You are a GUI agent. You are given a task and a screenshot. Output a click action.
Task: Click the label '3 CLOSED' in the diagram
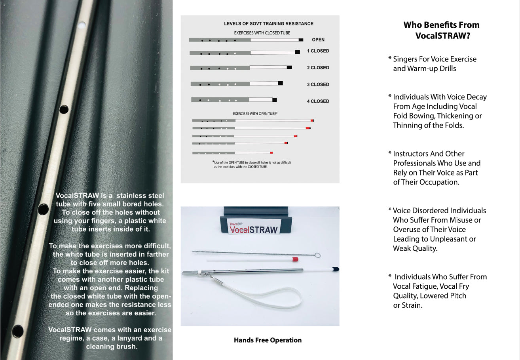[318, 84]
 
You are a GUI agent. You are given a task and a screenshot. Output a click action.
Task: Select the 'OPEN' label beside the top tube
[318, 40]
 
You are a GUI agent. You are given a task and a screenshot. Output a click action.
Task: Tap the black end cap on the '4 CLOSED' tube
[275, 100]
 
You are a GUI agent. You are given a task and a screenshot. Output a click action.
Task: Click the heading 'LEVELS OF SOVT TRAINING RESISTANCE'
[269, 24]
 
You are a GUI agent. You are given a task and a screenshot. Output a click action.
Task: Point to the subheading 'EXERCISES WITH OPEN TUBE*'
[255, 114]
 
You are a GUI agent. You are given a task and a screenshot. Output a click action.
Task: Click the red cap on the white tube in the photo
[295, 259]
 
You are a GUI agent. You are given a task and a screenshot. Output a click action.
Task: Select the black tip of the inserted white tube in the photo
[335, 269]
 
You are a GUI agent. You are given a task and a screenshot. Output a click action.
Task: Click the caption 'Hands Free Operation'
[268, 340]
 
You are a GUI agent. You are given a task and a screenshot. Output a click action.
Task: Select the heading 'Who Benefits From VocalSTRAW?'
[441, 30]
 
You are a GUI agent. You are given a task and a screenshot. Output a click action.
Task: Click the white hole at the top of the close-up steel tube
[82, 26]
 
